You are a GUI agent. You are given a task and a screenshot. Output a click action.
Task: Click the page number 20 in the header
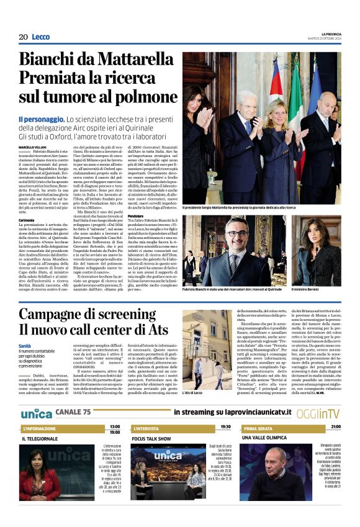23,37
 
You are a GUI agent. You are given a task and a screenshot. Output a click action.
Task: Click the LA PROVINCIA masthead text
326,34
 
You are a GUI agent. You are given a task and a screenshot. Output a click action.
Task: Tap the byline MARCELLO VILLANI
33,146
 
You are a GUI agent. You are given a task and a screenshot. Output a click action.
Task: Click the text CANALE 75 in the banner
73,413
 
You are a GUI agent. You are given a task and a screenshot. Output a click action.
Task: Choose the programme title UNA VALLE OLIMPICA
268,439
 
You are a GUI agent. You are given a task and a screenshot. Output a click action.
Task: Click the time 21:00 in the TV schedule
336,427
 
